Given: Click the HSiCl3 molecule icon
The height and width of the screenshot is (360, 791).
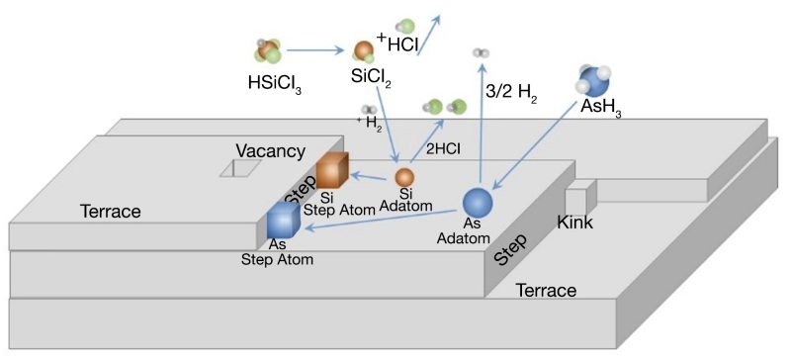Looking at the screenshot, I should click(x=268, y=52).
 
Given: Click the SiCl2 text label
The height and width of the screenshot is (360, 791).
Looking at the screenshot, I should click(x=372, y=76).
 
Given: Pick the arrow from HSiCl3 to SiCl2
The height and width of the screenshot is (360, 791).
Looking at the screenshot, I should click(x=316, y=48).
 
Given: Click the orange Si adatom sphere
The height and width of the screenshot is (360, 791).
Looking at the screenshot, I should click(x=404, y=177).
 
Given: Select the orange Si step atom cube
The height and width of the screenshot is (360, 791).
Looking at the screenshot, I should click(x=333, y=170).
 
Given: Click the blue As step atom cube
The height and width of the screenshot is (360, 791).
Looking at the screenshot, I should click(x=283, y=221).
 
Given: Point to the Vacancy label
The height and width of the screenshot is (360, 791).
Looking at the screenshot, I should click(x=270, y=150).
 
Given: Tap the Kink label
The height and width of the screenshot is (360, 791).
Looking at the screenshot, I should click(x=574, y=222).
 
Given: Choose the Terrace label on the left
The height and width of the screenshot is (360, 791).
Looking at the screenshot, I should click(x=111, y=211).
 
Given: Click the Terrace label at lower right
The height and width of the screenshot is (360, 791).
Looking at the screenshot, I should click(x=546, y=290).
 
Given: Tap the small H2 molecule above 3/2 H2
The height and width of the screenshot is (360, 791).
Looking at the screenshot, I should click(x=481, y=52).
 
